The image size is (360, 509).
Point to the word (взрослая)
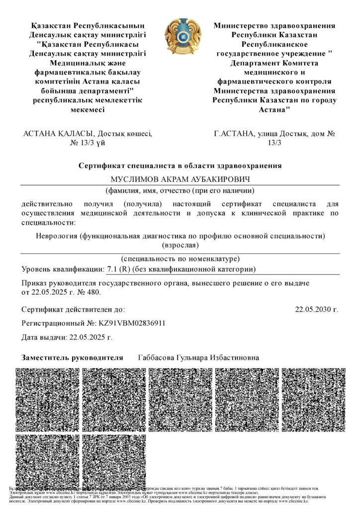pos(180,245)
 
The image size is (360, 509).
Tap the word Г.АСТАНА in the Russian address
pos(232,134)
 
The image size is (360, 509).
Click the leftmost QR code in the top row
pos(47,399)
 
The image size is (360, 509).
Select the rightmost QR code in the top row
pos(313,399)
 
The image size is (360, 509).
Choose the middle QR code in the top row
pos(180,399)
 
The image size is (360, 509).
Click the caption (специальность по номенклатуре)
pos(180,259)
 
